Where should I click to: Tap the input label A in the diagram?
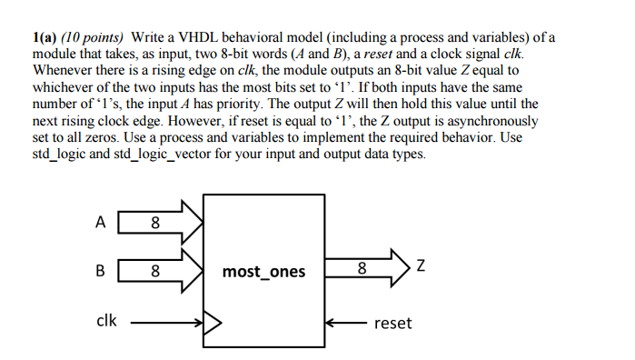tap(100, 219)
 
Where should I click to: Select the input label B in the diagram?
tap(100, 270)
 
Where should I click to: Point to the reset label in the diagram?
tap(392, 323)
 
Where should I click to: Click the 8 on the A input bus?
tap(154, 220)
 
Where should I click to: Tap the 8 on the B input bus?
tap(154, 270)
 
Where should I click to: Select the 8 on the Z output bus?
tap(362, 269)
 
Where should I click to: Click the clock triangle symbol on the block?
tap(213, 322)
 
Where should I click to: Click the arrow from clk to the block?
tap(168, 322)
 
